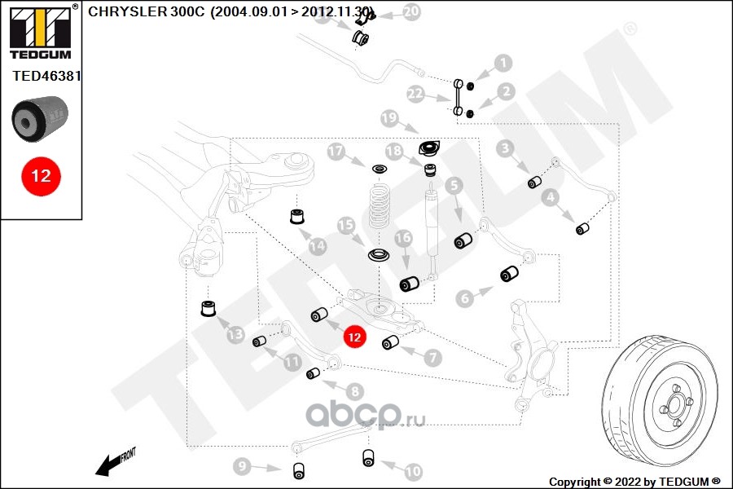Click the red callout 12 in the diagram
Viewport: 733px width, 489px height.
coord(354,336)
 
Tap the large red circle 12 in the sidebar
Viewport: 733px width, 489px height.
coord(41,175)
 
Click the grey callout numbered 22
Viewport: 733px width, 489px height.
coord(416,95)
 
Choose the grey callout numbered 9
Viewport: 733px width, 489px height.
coord(242,467)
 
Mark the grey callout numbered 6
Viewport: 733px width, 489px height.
coord(465,298)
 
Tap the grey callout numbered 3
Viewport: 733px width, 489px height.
coord(506,148)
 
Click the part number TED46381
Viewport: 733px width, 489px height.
coord(46,75)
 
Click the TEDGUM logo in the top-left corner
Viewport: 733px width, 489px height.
coord(40,31)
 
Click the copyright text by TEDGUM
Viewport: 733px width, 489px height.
coord(634,481)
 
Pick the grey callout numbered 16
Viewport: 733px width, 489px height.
coord(403,238)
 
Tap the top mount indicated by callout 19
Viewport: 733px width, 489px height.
coord(428,150)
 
